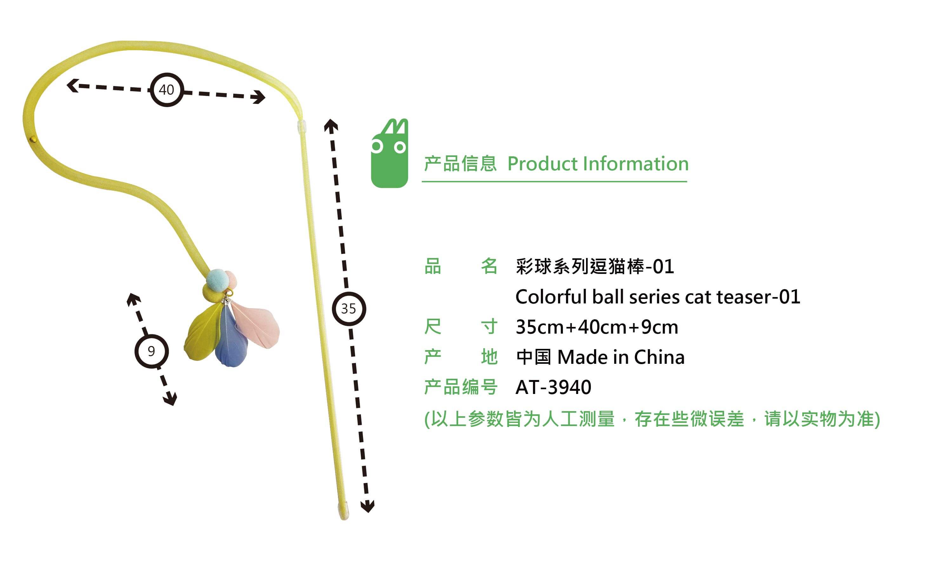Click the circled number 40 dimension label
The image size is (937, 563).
coord(167,90)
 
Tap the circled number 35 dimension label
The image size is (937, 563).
coord(349,309)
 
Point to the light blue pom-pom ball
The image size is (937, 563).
coord(217,280)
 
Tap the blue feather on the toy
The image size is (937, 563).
coord(230,342)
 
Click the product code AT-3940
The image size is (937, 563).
coord(553,387)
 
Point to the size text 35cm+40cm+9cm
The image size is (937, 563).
coord(597,327)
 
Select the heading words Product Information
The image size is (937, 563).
coord(597,164)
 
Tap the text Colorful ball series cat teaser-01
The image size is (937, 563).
coord(658,297)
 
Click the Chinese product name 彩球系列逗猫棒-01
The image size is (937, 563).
coord(595,266)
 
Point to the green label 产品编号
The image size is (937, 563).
coord(460,387)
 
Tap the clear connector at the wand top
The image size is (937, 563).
coord(301,127)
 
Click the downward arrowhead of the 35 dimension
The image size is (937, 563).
coord(367,506)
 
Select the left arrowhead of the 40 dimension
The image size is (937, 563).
coord(72,85)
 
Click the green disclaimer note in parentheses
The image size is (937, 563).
coord(652,419)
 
